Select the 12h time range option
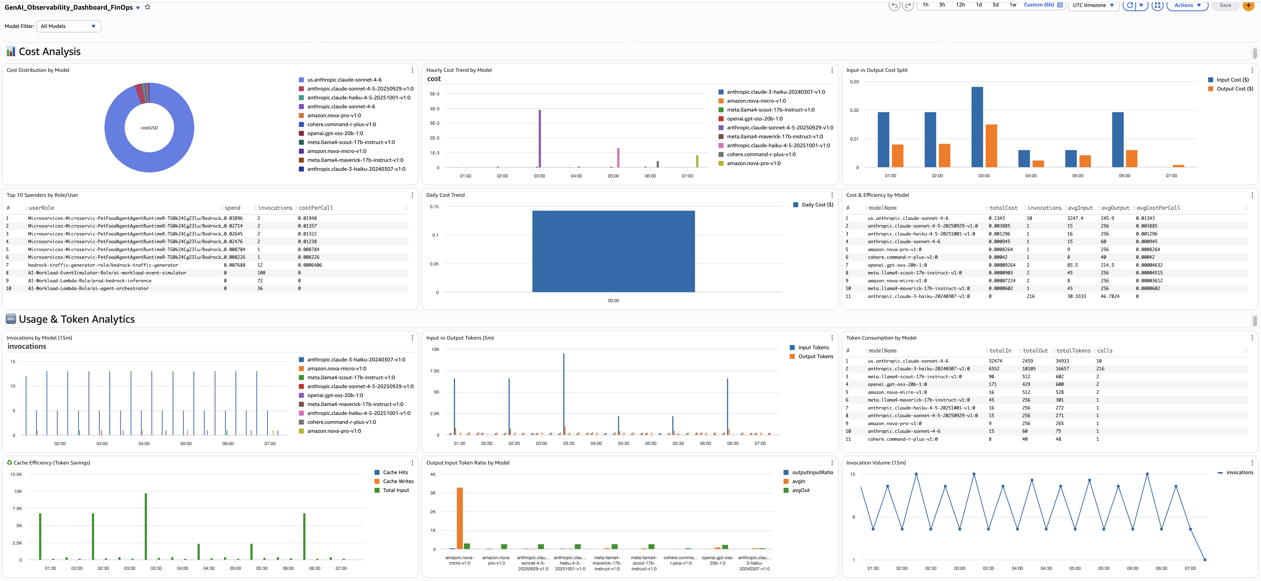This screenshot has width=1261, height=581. [x=960, y=5]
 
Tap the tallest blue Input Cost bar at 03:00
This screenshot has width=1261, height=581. [x=977, y=127]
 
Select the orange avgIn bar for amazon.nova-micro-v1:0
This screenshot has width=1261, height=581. [x=460, y=518]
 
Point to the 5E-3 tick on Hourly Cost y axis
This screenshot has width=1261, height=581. [x=434, y=94]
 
